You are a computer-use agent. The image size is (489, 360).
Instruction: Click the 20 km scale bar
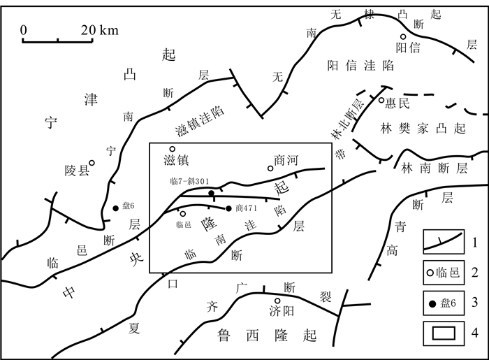point(58,41)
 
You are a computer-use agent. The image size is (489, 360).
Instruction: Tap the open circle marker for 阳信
point(403,37)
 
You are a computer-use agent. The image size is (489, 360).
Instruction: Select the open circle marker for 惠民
point(382,100)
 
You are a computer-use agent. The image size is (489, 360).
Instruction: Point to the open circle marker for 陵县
point(92,163)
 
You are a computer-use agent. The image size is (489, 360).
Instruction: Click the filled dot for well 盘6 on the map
point(115,208)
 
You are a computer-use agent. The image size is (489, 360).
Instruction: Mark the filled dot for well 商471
point(228,208)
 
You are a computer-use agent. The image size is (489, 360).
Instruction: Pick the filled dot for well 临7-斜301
point(211,193)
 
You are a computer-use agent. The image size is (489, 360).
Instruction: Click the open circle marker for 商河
point(270,168)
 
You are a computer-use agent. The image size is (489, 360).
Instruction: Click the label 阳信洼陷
point(360,66)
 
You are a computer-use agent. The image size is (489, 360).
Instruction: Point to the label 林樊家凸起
point(422,129)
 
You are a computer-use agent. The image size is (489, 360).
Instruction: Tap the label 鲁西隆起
point(268,333)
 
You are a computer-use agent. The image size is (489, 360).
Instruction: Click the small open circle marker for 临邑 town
point(183,214)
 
